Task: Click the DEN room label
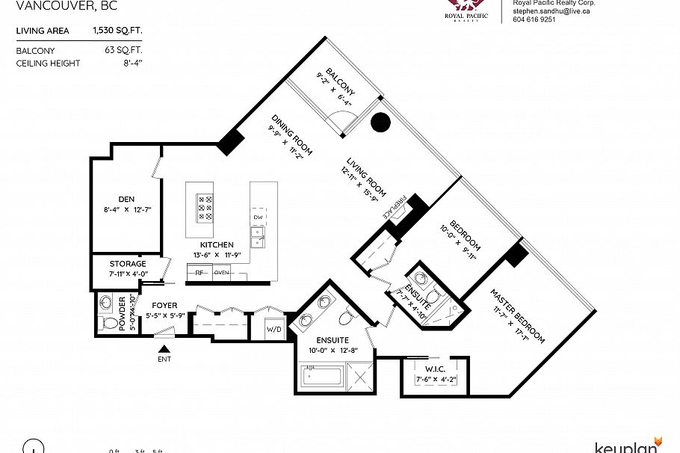pos(126,199)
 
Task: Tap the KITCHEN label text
pos(217,244)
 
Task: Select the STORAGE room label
pos(127,264)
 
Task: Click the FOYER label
pos(164,305)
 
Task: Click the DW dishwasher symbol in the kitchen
pos(258,217)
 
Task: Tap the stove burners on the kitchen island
pos(205,207)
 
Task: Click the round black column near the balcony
pos(381,122)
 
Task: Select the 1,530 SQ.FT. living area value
pos(117,31)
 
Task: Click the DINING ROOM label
pos(291,135)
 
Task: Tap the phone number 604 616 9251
pos(534,20)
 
